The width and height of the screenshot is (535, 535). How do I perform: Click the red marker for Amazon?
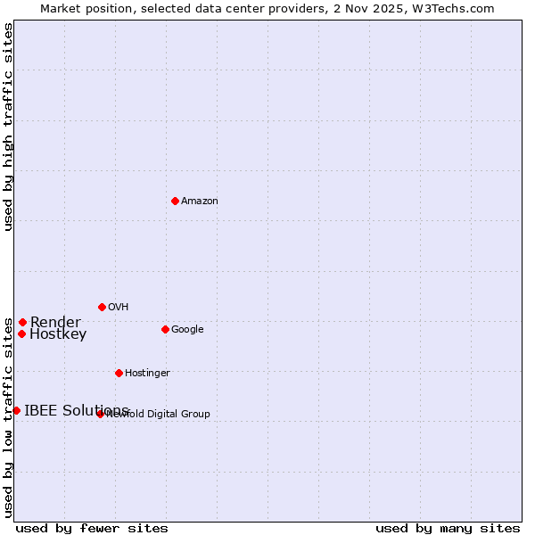coord(175,201)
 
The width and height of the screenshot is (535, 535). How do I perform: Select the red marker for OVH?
coord(102,307)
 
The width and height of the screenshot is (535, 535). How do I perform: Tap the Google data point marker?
coord(165,329)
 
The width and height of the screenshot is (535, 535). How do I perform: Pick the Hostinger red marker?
coord(119,373)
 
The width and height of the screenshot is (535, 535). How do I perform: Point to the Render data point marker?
coord(22,322)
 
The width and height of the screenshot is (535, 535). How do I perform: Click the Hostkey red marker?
coord(21,333)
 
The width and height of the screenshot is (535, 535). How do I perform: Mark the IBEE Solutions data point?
coord(16,410)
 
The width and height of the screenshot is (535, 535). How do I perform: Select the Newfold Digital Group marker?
coord(100,414)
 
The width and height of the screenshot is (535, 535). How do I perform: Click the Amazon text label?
coord(200,202)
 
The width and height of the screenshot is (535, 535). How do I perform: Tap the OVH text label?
coord(119,308)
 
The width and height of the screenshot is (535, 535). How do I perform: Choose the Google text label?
coord(187,330)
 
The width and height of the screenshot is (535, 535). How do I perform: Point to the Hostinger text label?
coord(147,374)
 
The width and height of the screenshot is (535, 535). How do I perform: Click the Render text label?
coord(55,323)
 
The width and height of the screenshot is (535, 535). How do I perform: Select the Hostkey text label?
coord(58,335)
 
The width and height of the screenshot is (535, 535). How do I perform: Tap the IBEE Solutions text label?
coord(77,411)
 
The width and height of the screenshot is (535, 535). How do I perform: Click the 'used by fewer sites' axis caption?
coord(92,528)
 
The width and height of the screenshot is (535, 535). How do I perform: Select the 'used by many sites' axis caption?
coord(448,528)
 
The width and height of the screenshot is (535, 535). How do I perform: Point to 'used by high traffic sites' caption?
coord(8,127)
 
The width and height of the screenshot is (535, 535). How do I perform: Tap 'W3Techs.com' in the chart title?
coord(456,8)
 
